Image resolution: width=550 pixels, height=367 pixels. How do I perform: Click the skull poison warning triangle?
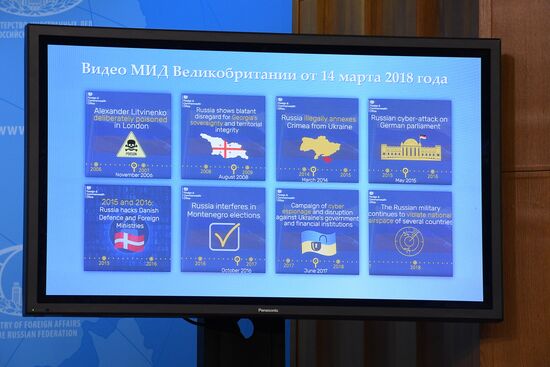pyautogui.click(x=128, y=146)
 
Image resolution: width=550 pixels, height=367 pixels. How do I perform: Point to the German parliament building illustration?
pyautogui.click(x=409, y=149)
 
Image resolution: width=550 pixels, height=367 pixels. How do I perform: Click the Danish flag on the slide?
pyautogui.click(x=129, y=238)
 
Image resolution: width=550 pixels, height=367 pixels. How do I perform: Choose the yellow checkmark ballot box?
pyautogui.click(x=224, y=236)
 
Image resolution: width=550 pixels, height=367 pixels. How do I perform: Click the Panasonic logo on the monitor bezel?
pyautogui.click(x=262, y=309)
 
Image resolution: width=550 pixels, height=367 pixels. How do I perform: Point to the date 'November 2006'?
pyautogui.click(x=132, y=176)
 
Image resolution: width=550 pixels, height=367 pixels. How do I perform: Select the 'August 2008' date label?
pyautogui.click(x=223, y=176)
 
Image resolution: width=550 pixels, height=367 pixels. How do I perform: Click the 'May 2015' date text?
pyautogui.click(x=405, y=181)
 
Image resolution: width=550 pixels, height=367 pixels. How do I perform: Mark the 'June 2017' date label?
pyautogui.click(x=316, y=271)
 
